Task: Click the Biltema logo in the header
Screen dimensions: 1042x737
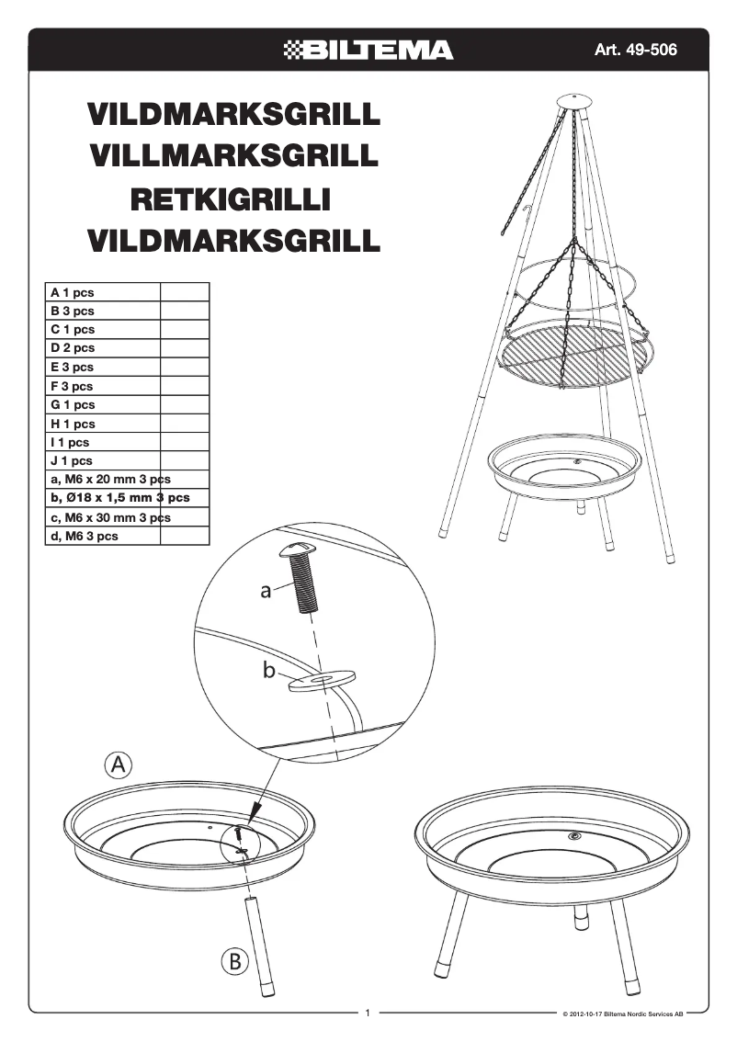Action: [368, 50]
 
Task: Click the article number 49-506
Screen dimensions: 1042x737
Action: [635, 50]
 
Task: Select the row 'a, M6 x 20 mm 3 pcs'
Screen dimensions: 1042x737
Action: [110, 480]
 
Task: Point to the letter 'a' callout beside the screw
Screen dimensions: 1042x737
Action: [265, 592]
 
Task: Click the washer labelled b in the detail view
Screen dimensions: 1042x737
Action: [321, 681]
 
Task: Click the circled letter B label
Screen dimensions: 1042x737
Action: [236, 962]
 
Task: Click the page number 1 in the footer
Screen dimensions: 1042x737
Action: [368, 1014]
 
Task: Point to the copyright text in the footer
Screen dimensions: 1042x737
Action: [622, 1014]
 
